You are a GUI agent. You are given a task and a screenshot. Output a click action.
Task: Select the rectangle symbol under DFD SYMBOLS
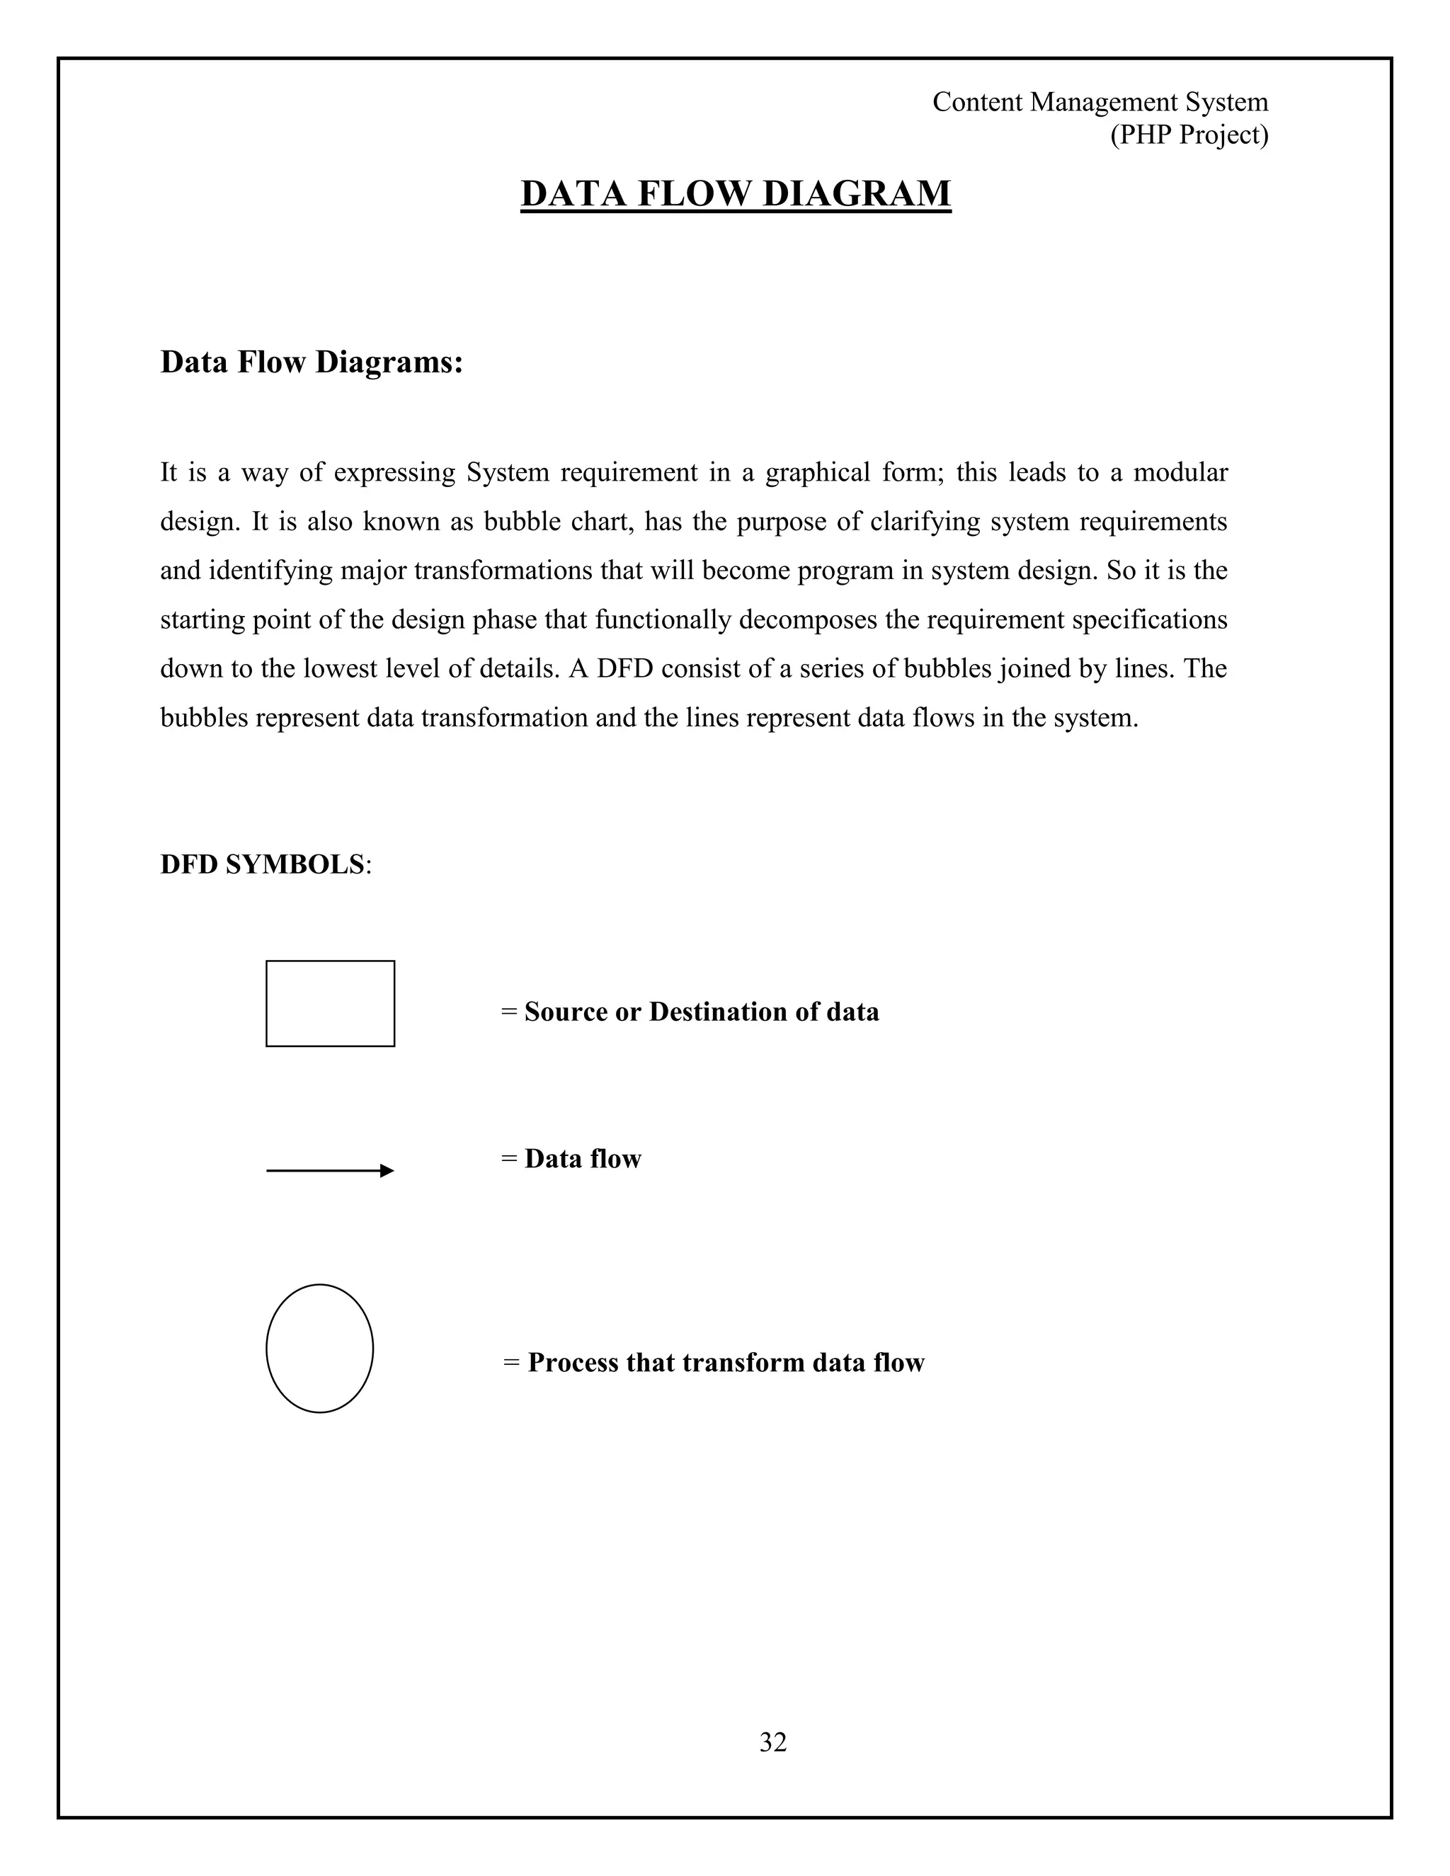pos(330,1003)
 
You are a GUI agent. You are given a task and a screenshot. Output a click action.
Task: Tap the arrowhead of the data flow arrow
pos(387,1171)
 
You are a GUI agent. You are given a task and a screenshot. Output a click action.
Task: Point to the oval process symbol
pos(319,1348)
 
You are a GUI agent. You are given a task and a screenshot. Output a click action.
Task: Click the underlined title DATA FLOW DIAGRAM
pos(736,193)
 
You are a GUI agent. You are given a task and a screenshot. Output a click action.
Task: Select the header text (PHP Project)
pos(1189,135)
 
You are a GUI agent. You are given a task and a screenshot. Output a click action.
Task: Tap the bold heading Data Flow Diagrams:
pos(312,362)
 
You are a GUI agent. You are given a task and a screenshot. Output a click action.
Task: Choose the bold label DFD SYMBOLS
pos(263,864)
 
